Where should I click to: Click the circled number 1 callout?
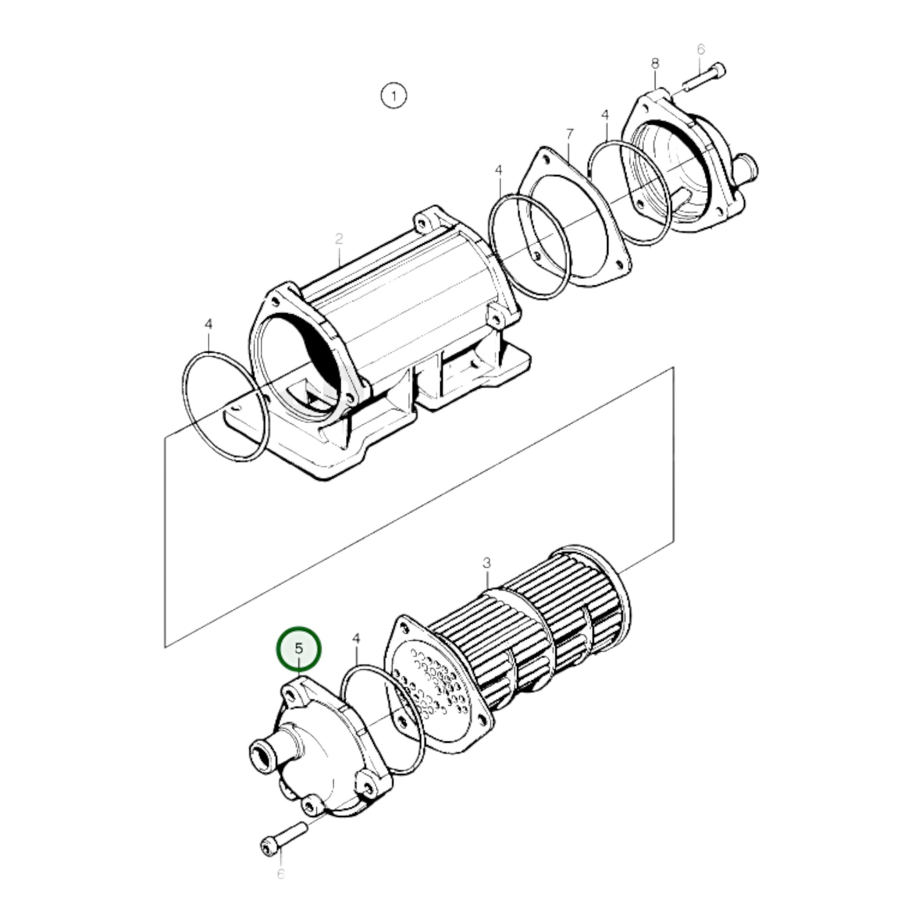tap(394, 96)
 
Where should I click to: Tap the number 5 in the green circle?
tap(299, 648)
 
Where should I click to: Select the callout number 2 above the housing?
tap(339, 239)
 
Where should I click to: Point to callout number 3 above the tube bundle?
tap(486, 563)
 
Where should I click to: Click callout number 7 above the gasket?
tap(569, 135)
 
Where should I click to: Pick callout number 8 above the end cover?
tap(655, 64)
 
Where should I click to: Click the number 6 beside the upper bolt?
tap(701, 49)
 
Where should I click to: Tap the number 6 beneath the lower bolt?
tap(280, 874)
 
